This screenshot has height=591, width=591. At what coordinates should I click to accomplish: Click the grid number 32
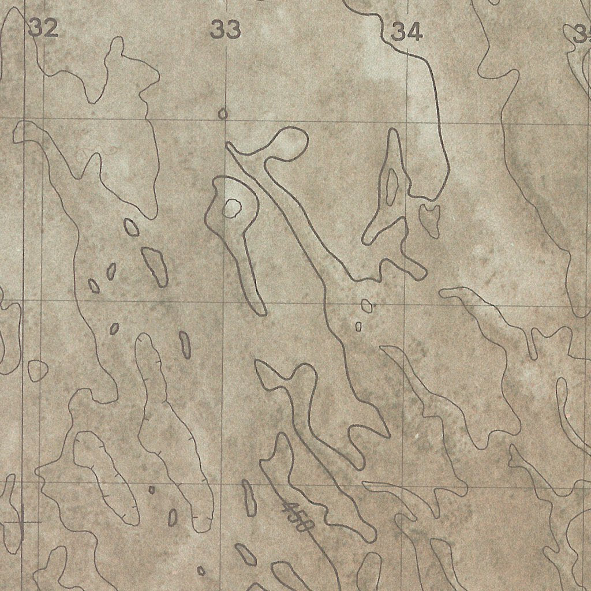pos(43,28)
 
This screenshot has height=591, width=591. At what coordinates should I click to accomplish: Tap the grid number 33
pos(225,29)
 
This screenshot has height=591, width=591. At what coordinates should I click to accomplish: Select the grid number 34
pos(406,32)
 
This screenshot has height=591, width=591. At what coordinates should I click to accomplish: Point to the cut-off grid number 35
pos(582,35)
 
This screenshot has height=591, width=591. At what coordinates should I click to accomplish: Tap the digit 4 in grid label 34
pos(414,32)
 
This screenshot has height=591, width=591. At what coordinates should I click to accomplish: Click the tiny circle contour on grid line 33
pos(223,114)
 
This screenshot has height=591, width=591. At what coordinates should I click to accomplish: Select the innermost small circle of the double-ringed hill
pos(232,207)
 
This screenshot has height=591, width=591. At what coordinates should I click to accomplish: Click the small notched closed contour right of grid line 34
pos(429,219)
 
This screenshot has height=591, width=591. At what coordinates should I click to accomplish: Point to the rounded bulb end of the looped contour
pos(289,144)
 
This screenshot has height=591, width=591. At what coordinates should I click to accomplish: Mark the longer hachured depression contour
pos(167,427)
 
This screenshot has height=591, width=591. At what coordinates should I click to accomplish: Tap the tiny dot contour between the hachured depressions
pos(152,490)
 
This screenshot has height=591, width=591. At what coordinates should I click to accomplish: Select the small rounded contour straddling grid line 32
pos(38,370)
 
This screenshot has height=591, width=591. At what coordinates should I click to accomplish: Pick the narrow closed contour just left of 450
pos(249,498)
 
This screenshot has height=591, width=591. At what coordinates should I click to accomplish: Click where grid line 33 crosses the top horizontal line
pos(225,119)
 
